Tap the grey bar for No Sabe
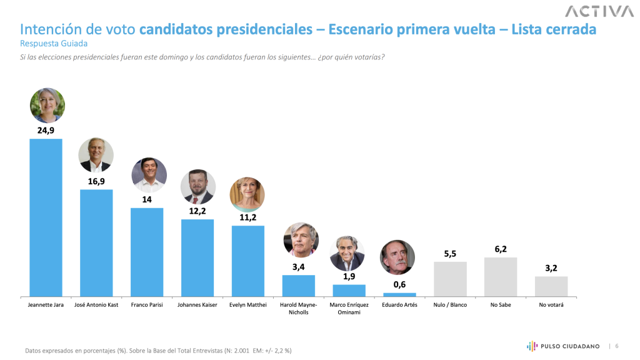pos(501,276)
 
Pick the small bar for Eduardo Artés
pos(399,294)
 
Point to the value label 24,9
pos(46,131)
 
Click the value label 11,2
pos(248,217)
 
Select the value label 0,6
pos(399,284)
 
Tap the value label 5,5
pos(450,253)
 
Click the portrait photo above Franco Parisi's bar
pos(149,175)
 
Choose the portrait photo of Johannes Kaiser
pos(198,187)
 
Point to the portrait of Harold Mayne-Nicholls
pos(301,240)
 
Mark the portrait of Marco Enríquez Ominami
pos(347,254)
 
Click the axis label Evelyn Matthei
pos(248,305)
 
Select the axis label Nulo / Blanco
pos(450,305)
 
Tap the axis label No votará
pos(551,305)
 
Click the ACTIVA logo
pos(598,11)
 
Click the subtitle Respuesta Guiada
pos(54,44)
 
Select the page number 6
pos(617,346)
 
